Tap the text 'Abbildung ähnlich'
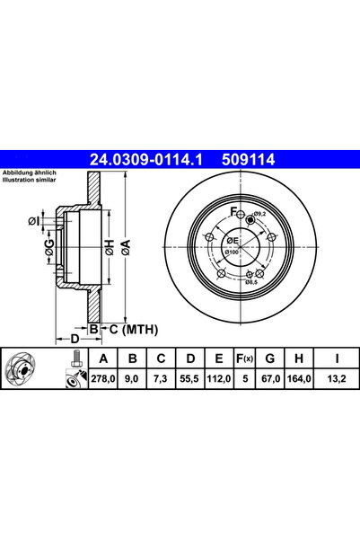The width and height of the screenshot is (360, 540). [x=30, y=173]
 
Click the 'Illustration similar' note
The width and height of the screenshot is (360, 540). [x=30, y=180]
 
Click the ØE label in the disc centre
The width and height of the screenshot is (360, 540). [x=232, y=241]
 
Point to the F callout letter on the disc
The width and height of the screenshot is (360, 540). [x=233, y=212]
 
